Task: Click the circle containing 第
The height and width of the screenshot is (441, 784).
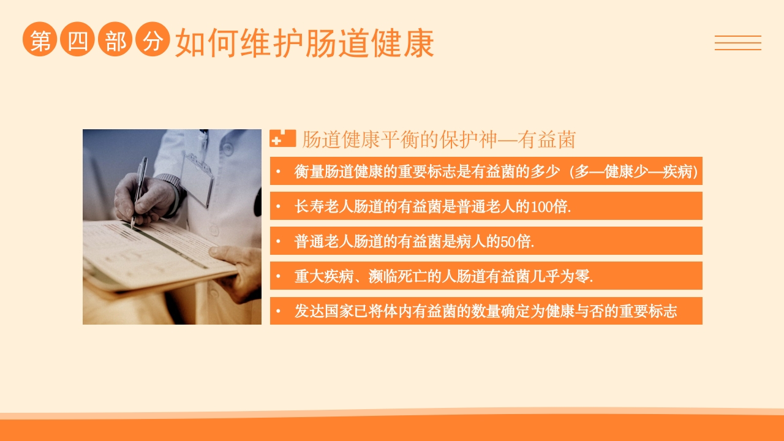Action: click(x=40, y=40)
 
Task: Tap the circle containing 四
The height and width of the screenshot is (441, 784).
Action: click(x=78, y=40)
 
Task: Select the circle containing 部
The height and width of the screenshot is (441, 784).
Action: click(x=115, y=40)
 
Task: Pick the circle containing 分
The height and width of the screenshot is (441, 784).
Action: click(x=153, y=40)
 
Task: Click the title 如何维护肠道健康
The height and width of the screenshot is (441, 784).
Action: click(x=304, y=43)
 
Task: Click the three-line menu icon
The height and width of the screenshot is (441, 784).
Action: click(x=737, y=43)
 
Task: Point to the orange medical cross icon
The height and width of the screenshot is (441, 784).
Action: click(x=282, y=138)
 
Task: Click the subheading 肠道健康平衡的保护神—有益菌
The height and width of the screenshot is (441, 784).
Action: click(x=439, y=140)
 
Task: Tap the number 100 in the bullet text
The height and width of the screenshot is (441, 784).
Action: click(x=541, y=207)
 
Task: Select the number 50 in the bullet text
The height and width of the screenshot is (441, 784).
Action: click(x=508, y=242)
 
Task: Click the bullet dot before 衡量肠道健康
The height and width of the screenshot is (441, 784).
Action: click(x=278, y=172)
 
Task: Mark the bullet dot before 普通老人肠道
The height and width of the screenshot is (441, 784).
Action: click(x=278, y=242)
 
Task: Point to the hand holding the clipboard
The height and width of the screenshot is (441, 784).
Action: click(x=239, y=269)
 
